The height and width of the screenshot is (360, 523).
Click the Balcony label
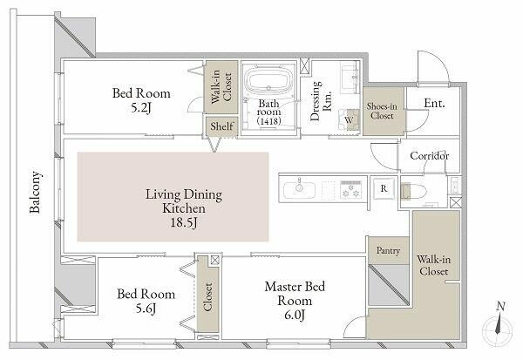click(35, 192)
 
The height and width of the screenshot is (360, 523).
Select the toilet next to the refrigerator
click(413, 191)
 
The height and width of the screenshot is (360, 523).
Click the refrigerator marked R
click(384, 188)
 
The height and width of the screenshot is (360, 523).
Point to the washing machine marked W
click(349, 119)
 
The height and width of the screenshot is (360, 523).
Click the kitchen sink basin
click(299, 190)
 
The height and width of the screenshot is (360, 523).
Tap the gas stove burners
click(350, 189)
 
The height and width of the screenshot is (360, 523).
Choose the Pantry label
click(388, 250)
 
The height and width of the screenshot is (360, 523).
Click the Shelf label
click(221, 126)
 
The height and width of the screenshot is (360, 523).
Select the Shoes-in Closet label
click(383, 111)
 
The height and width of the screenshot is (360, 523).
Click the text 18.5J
click(184, 222)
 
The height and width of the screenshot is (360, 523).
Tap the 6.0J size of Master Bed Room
click(295, 315)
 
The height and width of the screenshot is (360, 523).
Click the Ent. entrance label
click(435, 104)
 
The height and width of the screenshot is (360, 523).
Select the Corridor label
click(429, 156)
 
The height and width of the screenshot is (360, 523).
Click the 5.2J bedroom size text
click(141, 108)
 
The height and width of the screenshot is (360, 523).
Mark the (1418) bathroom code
click(268, 120)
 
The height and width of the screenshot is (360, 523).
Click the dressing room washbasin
click(350, 79)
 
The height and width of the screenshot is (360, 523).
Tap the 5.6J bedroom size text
click(146, 309)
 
